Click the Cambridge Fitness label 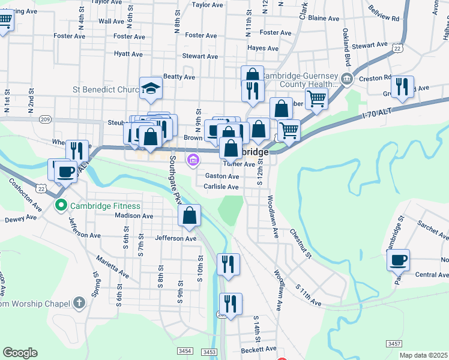pos(106,206)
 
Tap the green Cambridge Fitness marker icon pos(60,206)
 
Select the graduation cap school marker pos(151,88)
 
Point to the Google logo pos(20,353)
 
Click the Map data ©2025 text pos(423,355)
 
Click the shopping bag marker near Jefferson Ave pos(190,217)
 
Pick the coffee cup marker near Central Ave pos(398,260)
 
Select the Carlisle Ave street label pos(221,187)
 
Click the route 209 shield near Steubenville pos(45,119)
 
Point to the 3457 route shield pos(394,343)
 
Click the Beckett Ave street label pos(258,349)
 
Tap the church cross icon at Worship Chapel pos(79,304)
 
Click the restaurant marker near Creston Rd pos(402,87)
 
